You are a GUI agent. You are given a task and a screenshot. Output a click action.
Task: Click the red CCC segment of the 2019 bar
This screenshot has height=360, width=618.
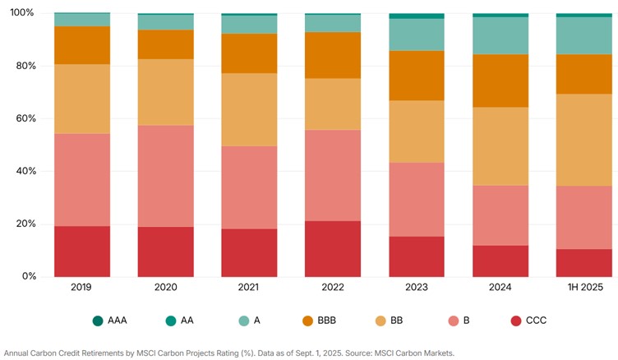(81, 251)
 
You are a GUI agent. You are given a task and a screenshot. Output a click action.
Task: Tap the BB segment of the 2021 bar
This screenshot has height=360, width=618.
(249, 109)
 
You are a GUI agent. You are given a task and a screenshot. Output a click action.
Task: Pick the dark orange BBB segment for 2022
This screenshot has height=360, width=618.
(332, 55)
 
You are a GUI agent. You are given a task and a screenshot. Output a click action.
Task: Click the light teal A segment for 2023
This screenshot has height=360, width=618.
(416, 35)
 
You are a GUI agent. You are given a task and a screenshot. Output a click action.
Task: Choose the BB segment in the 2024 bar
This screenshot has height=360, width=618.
(500, 145)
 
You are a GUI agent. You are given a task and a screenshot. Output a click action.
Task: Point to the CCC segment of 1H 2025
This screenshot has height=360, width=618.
(583, 262)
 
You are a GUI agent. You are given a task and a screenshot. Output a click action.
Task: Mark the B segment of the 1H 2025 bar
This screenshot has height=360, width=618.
(583, 217)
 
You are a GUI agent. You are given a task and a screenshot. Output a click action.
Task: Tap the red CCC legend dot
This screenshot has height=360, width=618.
(516, 321)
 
